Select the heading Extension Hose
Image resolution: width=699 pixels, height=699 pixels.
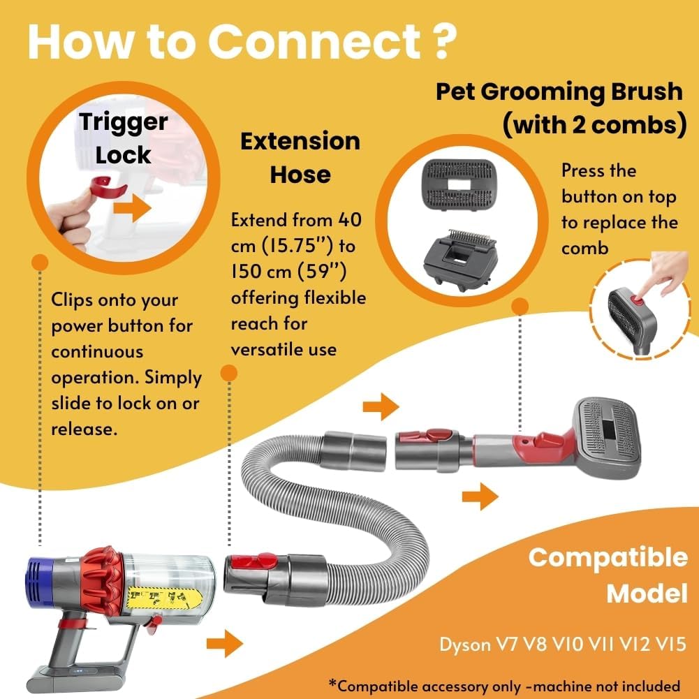(300, 157)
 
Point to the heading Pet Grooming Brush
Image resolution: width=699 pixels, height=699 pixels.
(559, 91)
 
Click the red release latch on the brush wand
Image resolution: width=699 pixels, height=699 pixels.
(547, 441)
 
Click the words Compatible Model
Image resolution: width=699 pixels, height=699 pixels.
(608, 575)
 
